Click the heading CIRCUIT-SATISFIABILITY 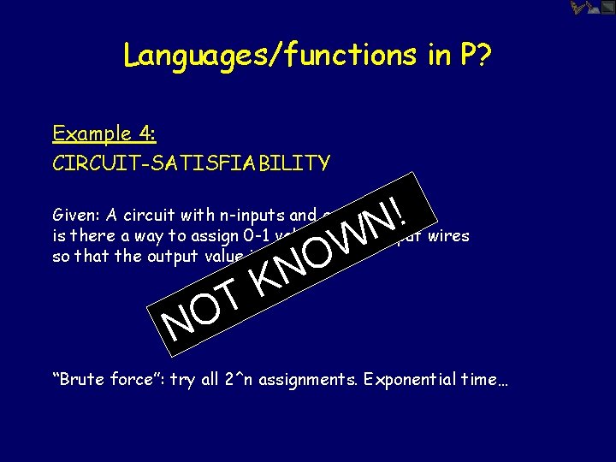(x=191, y=163)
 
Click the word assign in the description (x=205, y=235)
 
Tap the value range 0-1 (x=248, y=235)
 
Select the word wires (x=448, y=234)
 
